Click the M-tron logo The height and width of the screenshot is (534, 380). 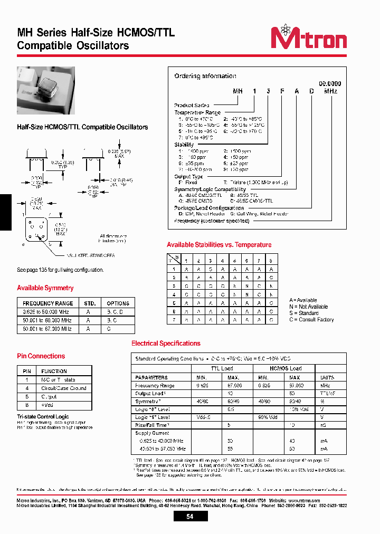tap(308, 39)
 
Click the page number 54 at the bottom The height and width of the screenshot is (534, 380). tap(189, 517)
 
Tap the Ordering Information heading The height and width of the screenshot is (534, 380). tap(205, 76)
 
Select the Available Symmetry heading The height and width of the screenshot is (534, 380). tap(45, 288)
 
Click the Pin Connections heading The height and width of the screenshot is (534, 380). tap(41, 356)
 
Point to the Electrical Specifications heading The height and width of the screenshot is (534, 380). tap(166, 344)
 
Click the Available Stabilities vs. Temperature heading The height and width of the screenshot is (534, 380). tap(219, 245)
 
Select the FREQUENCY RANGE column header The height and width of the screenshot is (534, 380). tap(48, 303)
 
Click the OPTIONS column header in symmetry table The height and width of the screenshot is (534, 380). tap(118, 303)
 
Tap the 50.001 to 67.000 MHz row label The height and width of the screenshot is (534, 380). tap(47, 328)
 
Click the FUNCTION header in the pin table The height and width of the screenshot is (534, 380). tap(54, 371)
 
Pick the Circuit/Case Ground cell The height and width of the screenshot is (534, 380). tap(63, 388)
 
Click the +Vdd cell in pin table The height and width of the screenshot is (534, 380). tap(49, 405)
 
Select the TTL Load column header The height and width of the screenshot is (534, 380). tap(222, 368)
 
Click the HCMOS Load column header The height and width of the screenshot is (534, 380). tap(286, 368)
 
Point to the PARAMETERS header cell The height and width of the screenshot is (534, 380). tap(151, 378)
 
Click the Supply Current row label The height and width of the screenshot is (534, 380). tap(153, 433)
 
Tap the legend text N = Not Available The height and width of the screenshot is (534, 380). tap(308, 307)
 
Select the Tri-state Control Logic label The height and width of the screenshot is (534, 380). tap(43, 417)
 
